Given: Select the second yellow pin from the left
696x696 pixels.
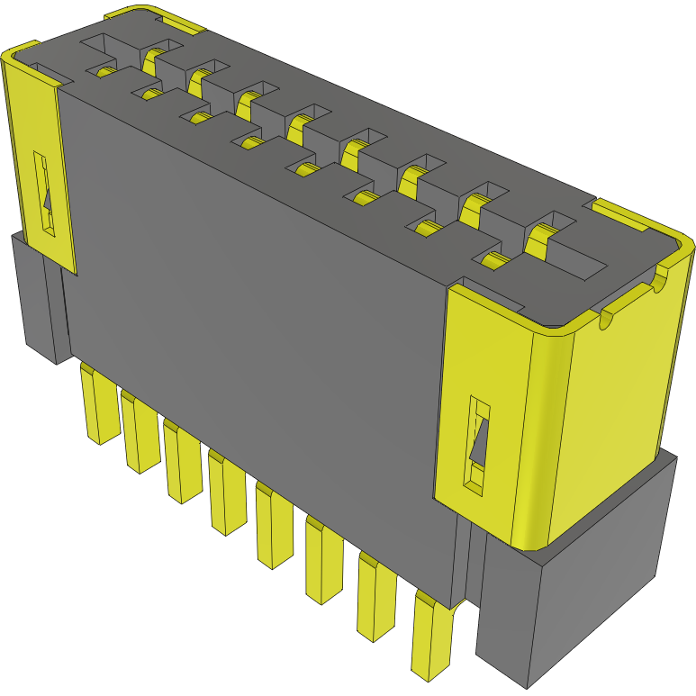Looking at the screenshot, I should tap(140, 434).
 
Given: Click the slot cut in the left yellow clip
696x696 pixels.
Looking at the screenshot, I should tap(44, 194).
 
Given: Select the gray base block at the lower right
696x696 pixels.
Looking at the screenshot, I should tap(576, 594).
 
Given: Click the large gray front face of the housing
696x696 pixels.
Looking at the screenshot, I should tap(261, 315).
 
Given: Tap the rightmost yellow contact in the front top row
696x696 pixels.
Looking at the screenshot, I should tap(491, 262).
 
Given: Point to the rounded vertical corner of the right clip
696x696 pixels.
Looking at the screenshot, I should tap(540, 432).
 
